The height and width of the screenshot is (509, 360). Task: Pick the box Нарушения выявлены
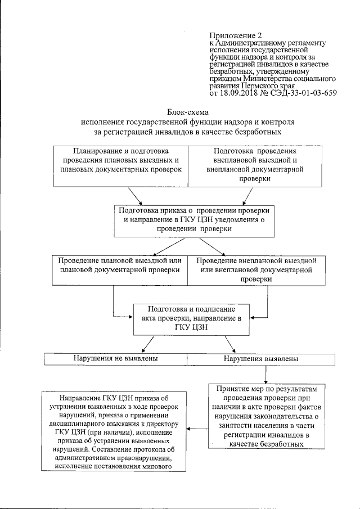click(x=260, y=358)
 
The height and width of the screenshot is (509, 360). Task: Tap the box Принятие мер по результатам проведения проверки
click(x=263, y=416)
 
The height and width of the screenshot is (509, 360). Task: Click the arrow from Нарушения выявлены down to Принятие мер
click(x=263, y=373)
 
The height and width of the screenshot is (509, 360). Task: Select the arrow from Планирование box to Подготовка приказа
click(x=136, y=195)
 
